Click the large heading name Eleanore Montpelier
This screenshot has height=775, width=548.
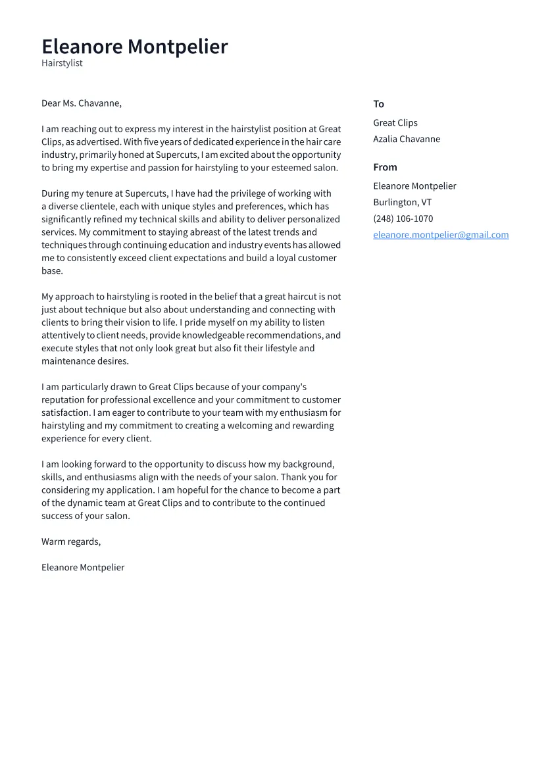pos(134,47)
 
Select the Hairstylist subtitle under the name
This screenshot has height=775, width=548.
pos(62,63)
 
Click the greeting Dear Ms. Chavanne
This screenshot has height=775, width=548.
pos(82,103)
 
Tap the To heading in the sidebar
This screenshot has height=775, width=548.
pos(378,104)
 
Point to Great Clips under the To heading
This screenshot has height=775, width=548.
pos(395,123)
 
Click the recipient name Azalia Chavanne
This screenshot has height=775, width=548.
pos(407,139)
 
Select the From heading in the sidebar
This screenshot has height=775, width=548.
pos(385,167)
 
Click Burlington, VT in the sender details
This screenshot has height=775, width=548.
pos(402,202)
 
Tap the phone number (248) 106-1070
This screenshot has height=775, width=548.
pos(403,218)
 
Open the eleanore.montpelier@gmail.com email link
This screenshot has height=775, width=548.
pos(441,235)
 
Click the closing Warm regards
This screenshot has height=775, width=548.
pos(71,541)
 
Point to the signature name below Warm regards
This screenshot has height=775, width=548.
pos(83,567)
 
